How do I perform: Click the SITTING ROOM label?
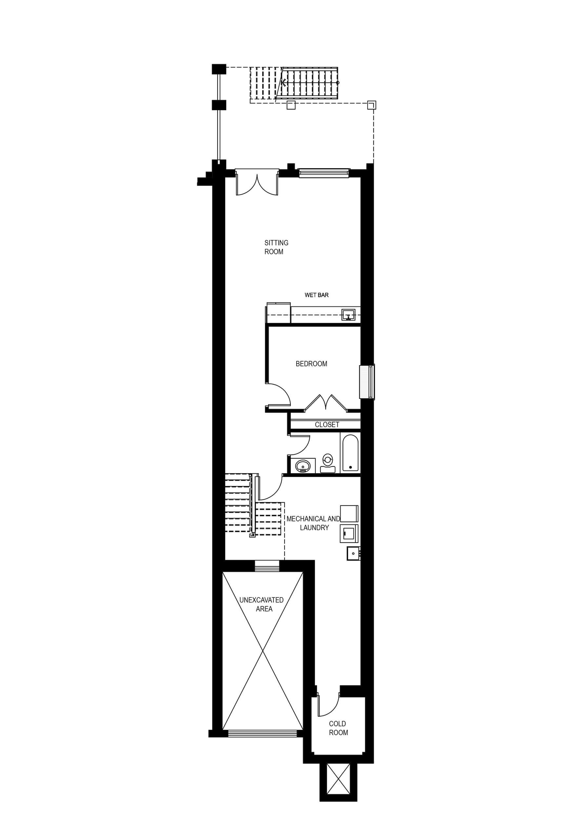[276, 247]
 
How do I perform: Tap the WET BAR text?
[316, 295]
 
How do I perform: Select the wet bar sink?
[348, 314]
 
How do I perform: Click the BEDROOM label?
[311, 364]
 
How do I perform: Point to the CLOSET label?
[327, 424]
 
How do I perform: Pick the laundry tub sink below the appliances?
[353, 553]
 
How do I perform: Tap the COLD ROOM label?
[338, 728]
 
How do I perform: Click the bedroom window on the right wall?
[367, 382]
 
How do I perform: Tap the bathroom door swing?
[300, 445]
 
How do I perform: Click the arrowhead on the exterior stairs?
[284, 83]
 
